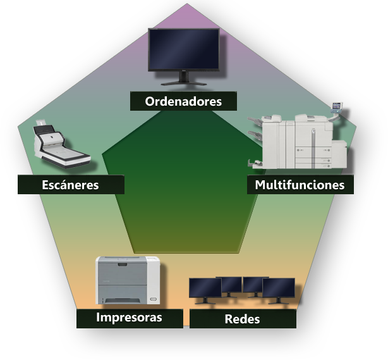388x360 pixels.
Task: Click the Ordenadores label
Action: click(183, 101)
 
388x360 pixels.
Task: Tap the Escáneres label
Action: click(71, 185)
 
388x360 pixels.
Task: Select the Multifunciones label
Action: click(300, 185)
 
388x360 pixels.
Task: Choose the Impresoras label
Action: click(129, 318)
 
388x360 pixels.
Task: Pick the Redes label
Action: click(242, 319)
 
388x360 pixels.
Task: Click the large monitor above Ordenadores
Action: click(183, 49)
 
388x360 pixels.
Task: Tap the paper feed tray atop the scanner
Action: click(42, 123)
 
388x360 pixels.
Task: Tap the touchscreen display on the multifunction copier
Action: click(337, 106)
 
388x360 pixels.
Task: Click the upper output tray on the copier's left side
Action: click(255, 120)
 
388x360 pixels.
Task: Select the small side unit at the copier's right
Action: click(339, 154)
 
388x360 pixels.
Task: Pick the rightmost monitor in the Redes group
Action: click(279, 289)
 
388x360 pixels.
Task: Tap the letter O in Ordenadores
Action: click(150, 101)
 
